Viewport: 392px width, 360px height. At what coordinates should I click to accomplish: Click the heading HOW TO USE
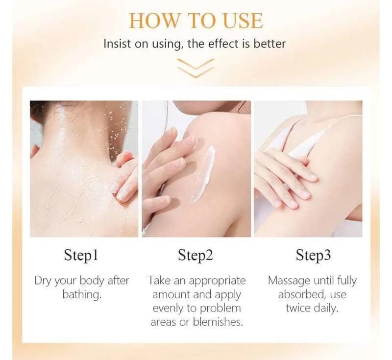coord(196,20)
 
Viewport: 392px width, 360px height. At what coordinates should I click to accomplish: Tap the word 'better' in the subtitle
coord(269,44)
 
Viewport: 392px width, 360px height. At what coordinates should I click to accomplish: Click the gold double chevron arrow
coord(196,68)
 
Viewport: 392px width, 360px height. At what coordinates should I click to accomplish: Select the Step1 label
coord(81,255)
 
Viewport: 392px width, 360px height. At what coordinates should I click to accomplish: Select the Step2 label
coord(195,255)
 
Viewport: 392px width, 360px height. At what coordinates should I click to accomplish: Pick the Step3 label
coord(313,255)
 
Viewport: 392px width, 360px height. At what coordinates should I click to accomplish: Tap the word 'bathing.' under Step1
coord(82,294)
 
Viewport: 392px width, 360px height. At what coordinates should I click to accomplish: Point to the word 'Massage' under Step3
coord(289,281)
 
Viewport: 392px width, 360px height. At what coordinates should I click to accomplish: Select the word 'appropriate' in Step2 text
coord(217,281)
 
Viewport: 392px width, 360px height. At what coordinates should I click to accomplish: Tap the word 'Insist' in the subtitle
coord(117,44)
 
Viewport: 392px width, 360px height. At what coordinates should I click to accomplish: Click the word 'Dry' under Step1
coord(43,281)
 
